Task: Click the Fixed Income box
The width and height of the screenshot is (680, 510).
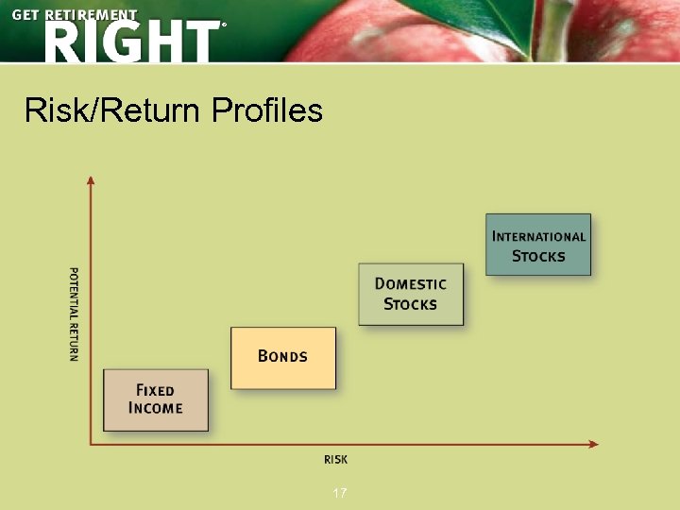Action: pos(156,399)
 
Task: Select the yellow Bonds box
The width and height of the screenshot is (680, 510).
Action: pos(283,358)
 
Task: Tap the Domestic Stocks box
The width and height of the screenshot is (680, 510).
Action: pos(411,294)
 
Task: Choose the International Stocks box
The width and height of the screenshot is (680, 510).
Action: pos(538,245)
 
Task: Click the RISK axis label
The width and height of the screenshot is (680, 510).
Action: pos(335,459)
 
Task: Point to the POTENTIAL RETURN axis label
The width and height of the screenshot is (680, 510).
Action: pos(74,313)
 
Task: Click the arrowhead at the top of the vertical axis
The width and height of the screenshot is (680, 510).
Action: pos(91,180)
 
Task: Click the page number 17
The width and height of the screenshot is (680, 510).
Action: pos(340,493)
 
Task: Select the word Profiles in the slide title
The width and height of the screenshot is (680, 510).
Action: pos(267,111)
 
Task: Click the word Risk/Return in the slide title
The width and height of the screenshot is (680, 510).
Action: pos(112,111)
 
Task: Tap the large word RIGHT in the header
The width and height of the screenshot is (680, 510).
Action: pos(130,42)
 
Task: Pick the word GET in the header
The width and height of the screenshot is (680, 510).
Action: pos(25,16)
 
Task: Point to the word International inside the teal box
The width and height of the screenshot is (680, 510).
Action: pos(538,236)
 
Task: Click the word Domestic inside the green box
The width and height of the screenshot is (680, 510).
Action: pos(411,283)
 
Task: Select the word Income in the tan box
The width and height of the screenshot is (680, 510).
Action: pos(156,408)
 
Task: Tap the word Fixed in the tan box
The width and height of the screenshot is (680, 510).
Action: pos(156,390)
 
